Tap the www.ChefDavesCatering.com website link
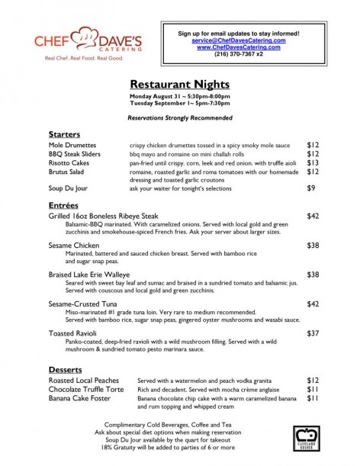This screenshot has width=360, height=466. (239, 47)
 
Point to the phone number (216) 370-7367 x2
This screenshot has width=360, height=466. (239, 54)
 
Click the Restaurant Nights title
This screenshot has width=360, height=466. (180, 85)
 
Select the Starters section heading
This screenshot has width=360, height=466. (64, 133)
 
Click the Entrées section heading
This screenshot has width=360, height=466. (63, 206)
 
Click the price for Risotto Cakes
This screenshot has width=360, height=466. (312, 162)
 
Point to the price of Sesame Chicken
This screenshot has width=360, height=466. (312, 246)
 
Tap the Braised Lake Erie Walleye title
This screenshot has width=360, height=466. (89, 274)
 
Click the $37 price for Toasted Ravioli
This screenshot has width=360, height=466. (312, 333)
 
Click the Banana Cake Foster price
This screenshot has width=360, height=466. (312, 397)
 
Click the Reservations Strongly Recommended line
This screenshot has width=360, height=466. (179, 120)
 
